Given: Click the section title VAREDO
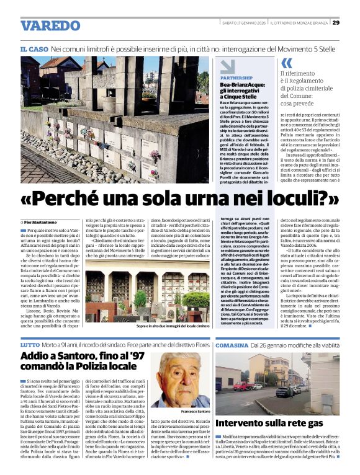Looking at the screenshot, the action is click(50, 25).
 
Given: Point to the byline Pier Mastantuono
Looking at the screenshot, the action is click(41, 221).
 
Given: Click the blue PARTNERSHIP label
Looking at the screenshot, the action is click(236, 78).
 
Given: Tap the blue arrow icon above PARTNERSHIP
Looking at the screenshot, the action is click(228, 66).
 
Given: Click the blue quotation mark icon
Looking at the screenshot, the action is click(286, 63).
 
